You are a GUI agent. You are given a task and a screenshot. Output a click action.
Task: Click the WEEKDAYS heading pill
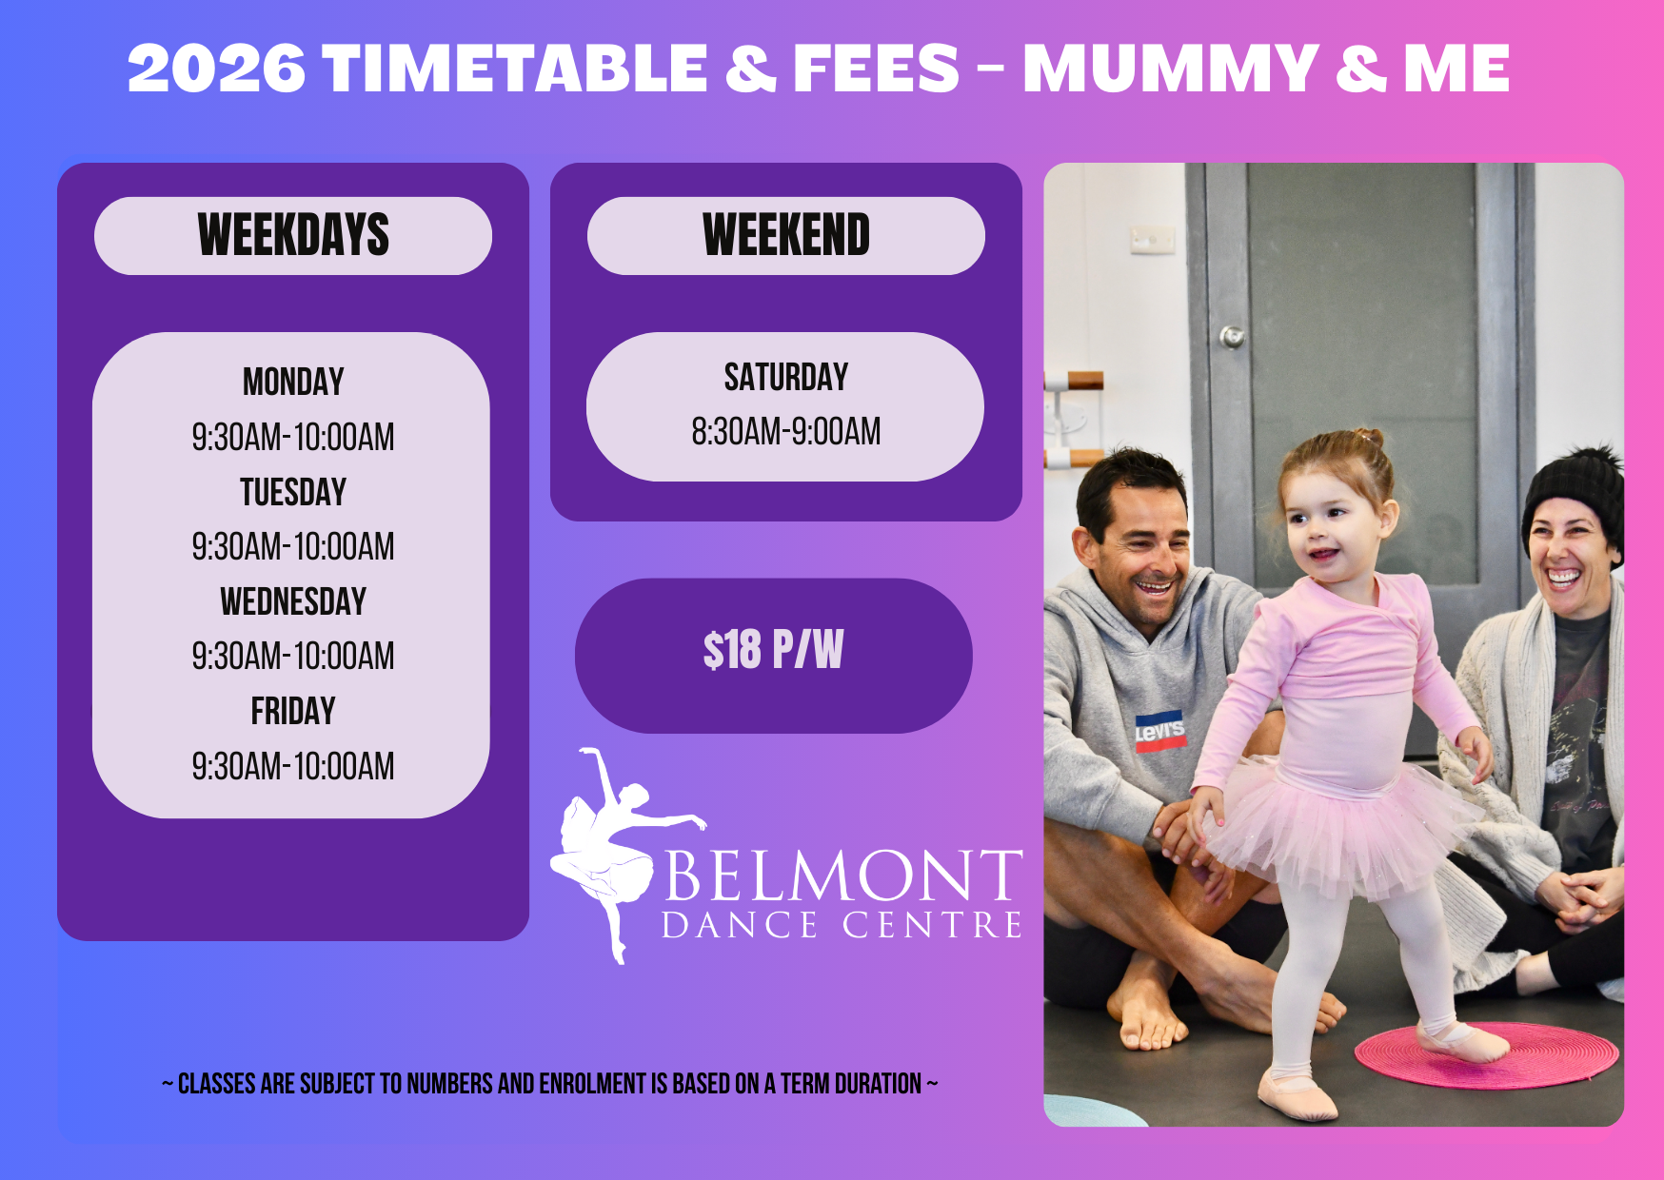[293, 236]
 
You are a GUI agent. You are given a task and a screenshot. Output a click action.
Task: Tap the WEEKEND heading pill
[786, 236]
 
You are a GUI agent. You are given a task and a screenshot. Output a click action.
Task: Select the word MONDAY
[293, 383]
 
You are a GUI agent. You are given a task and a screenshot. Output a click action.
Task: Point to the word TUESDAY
[293, 492]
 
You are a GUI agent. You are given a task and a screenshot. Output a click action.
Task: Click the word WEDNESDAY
[293, 601]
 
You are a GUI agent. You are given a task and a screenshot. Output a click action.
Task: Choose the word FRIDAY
[293, 711]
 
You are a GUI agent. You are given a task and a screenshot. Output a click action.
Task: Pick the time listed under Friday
[293, 766]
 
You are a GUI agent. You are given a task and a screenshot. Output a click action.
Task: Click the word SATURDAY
[786, 378]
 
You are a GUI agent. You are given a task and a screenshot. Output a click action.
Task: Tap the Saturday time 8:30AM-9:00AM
[786, 432]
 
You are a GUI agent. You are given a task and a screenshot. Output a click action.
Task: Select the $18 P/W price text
[773, 651]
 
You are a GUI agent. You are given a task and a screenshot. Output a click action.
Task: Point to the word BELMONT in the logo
[843, 875]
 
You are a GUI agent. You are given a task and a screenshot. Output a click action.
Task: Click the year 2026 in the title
[217, 69]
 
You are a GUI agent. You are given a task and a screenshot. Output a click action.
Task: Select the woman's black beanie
[1575, 500]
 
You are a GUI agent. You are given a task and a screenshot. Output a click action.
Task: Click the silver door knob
[1233, 336]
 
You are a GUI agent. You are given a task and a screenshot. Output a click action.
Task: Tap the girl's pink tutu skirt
[1337, 826]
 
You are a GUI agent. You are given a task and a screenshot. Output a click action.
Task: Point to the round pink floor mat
[1486, 1054]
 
